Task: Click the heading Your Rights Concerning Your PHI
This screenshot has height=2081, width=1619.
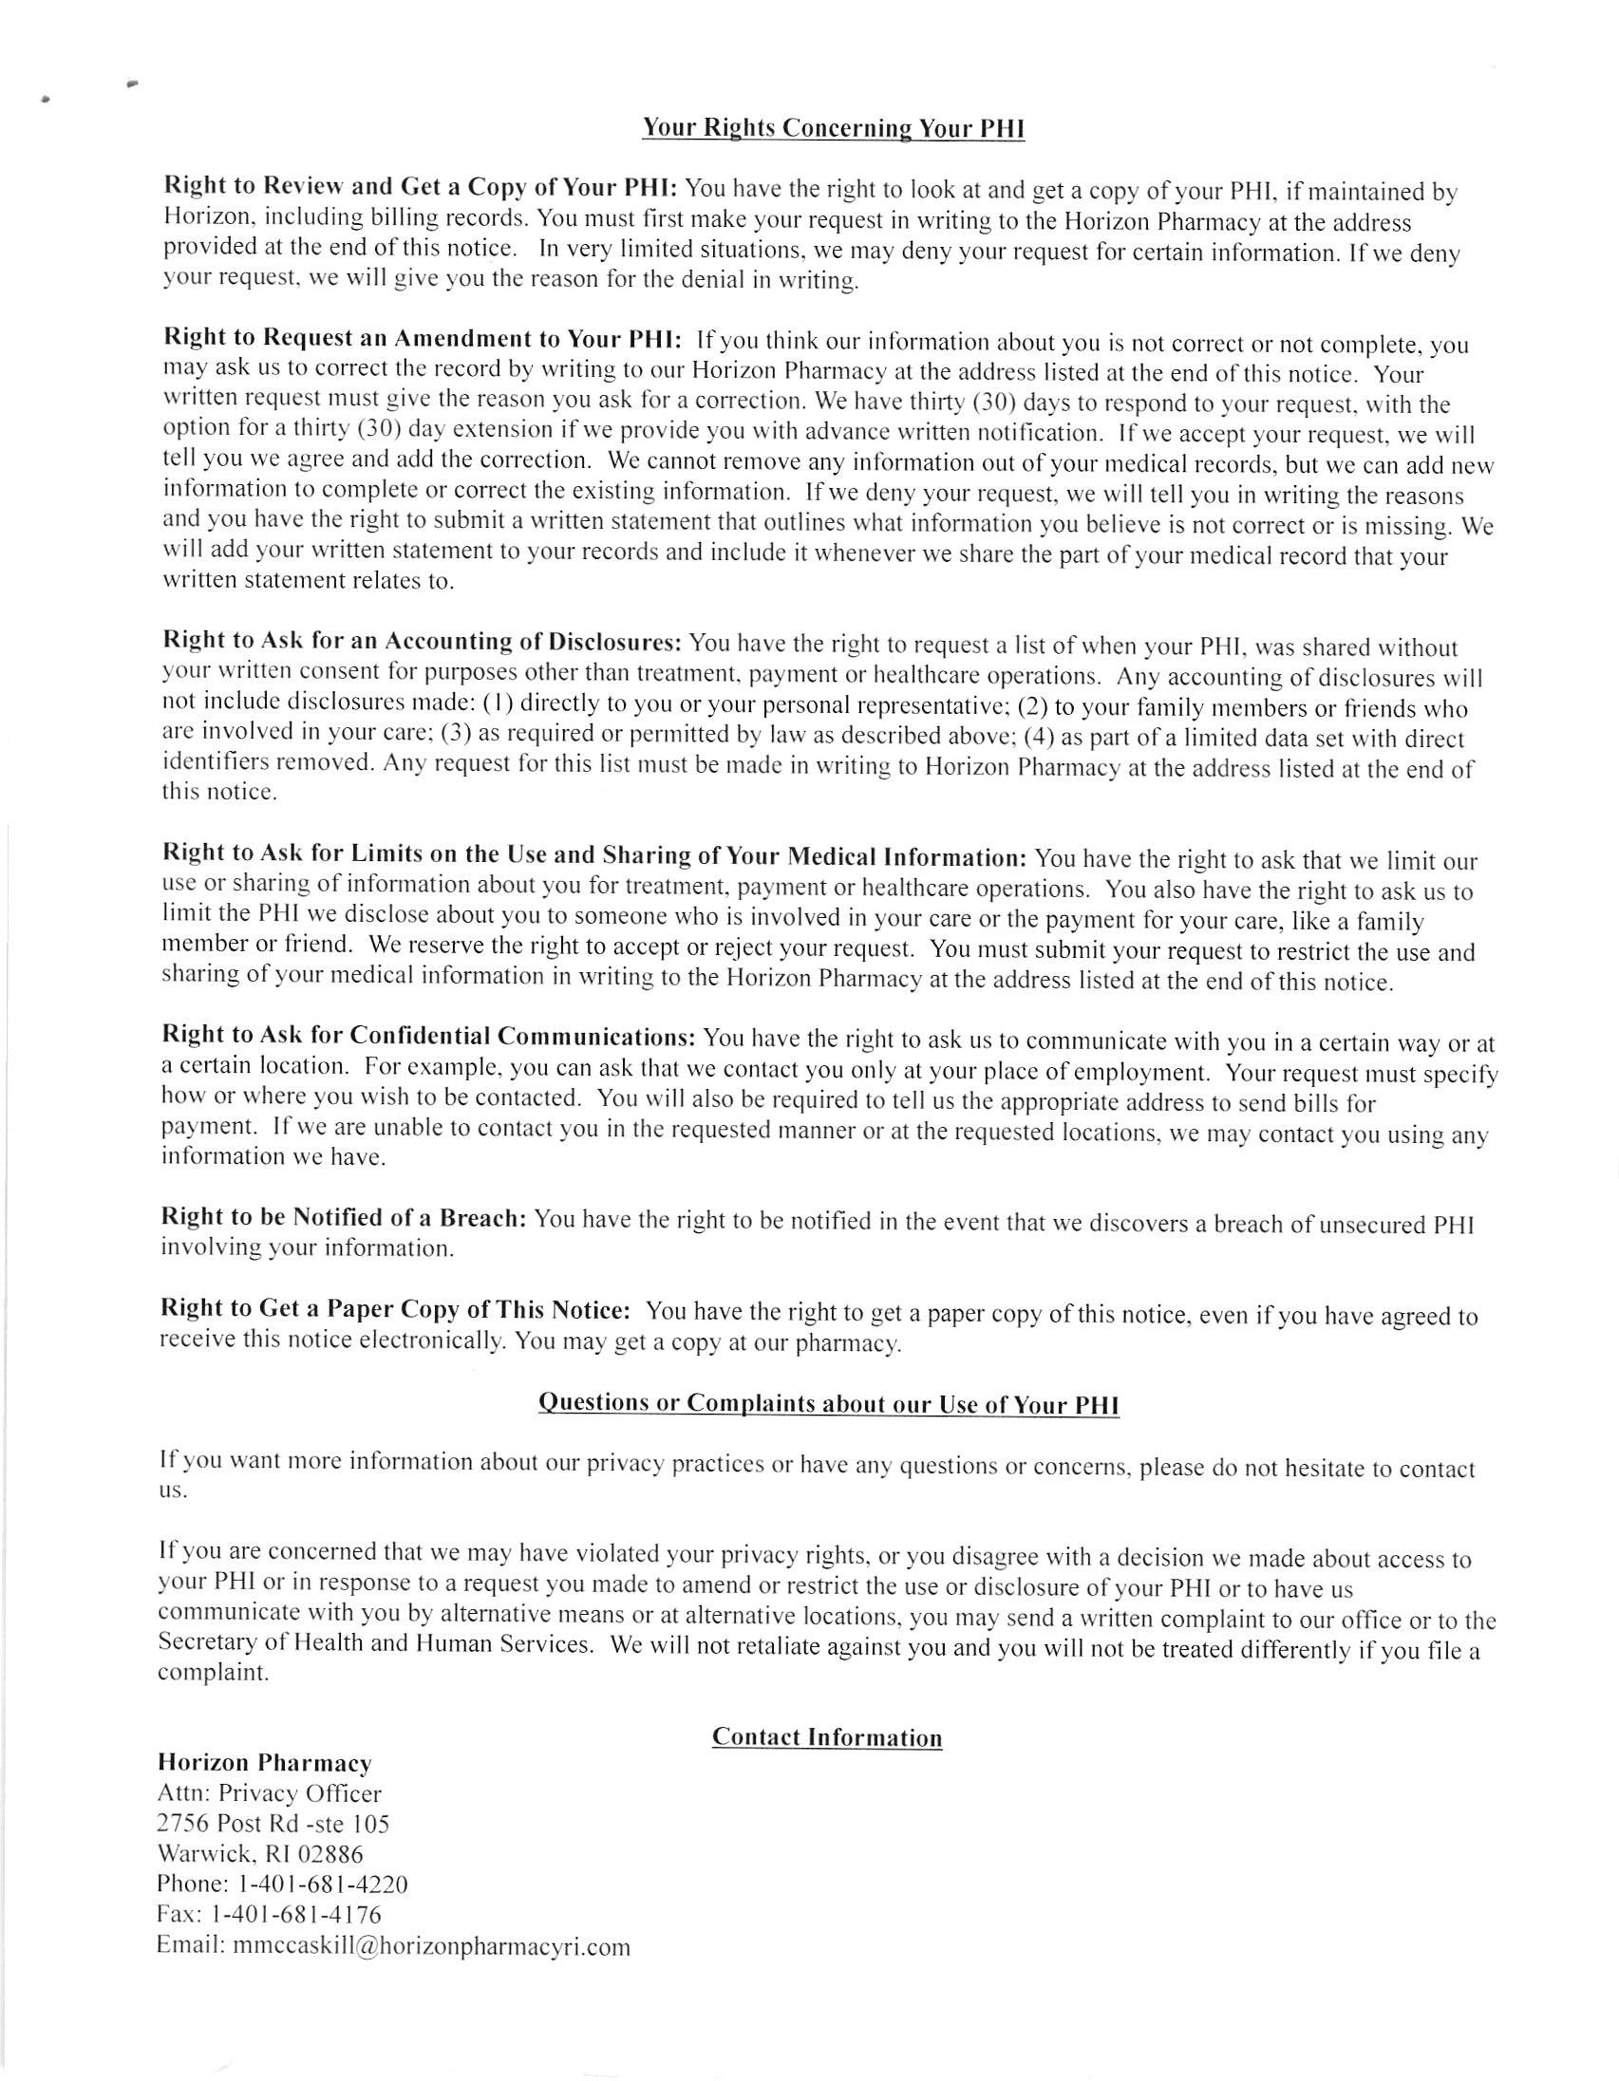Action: [833, 128]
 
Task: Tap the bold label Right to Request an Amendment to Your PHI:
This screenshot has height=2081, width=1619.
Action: [423, 338]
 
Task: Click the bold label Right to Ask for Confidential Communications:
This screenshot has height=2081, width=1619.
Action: [429, 1035]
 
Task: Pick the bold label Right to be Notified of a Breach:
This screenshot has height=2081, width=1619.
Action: [343, 1218]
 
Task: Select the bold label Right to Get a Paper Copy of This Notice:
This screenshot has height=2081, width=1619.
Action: [394, 1309]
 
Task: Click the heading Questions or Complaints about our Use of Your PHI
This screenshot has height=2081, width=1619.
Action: [828, 1403]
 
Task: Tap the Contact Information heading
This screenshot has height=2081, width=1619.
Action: [826, 1737]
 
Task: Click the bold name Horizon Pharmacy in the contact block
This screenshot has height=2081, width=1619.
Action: [264, 1763]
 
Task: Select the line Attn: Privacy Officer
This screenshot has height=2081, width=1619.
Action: [269, 1793]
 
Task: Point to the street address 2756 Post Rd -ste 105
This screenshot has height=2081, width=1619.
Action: [273, 1824]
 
